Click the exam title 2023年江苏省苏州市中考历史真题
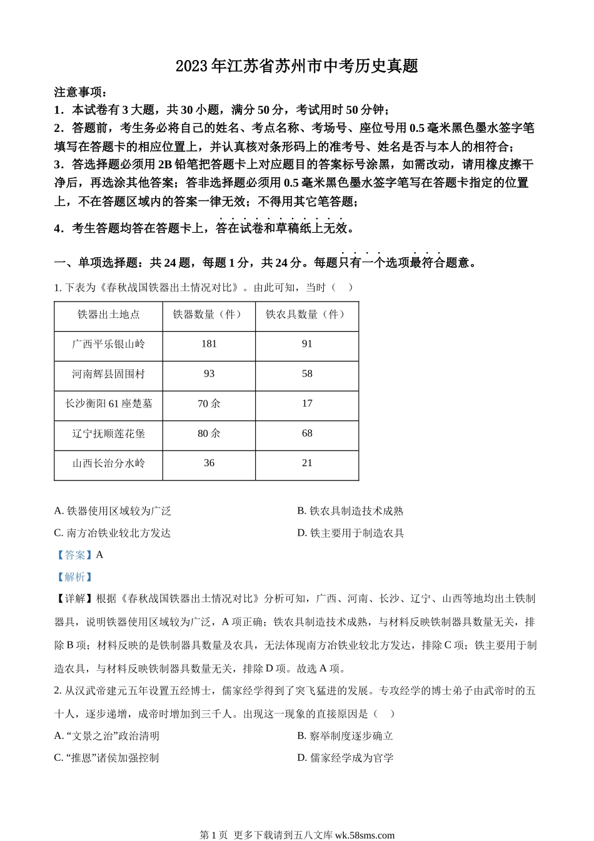296,66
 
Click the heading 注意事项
81,92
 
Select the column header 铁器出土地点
108,315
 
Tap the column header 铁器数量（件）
209,315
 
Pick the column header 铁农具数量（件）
306,315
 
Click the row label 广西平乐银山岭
108,344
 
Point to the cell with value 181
209,344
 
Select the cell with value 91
306,344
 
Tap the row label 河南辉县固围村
108,374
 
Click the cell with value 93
209,374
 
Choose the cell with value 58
306,374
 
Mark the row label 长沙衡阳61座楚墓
108,404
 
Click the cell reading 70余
209,404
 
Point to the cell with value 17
306,404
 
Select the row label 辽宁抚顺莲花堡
108,434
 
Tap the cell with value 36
209,464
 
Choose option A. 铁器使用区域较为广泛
113,511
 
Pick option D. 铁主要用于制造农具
350,533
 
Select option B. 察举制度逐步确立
345,737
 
